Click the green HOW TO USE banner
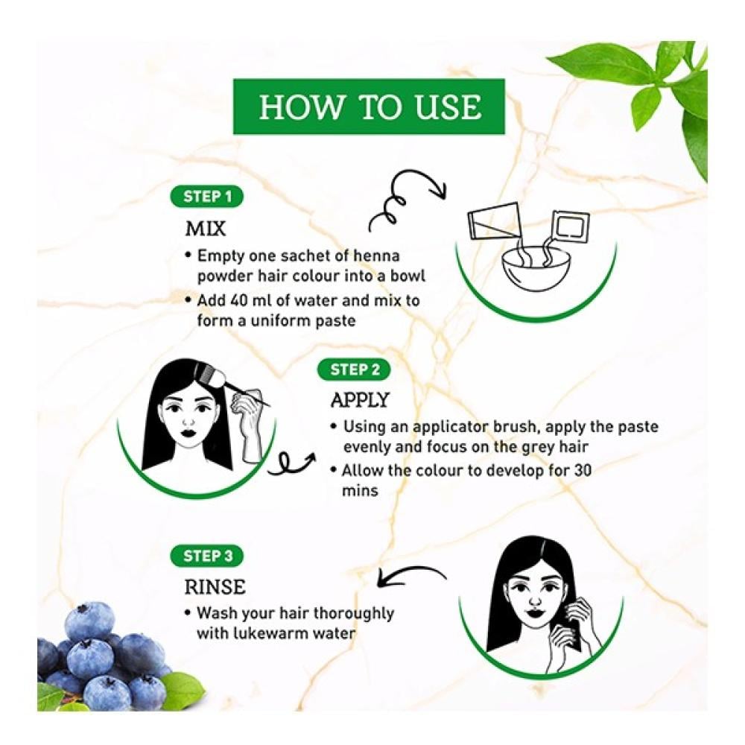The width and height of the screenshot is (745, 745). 369,107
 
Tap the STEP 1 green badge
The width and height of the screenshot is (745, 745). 206,197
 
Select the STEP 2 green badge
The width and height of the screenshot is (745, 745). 354,370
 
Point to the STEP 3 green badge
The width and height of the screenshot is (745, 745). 206,556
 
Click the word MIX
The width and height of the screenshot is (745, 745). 206,229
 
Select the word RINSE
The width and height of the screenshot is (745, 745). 215,587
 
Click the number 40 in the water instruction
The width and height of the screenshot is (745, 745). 238,301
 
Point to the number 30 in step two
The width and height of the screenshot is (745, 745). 583,470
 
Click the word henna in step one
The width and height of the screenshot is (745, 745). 376,256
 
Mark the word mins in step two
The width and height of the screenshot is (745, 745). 360,491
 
